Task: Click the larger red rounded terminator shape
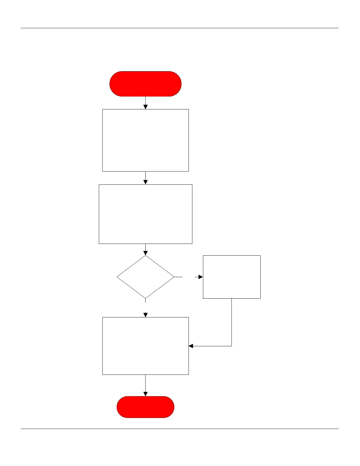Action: tap(145, 84)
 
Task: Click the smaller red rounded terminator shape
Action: tap(145, 407)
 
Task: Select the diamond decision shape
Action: tap(145, 277)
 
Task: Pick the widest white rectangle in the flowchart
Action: tap(145, 214)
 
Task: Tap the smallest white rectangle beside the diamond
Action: tap(231, 277)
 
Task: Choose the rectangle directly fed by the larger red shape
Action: tap(145, 140)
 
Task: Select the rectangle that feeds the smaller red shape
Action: tap(145, 346)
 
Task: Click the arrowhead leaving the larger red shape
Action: tap(145, 107)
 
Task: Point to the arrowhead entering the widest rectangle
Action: tap(145, 182)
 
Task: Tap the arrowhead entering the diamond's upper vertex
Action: tap(145, 253)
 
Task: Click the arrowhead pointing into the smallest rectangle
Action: tap(201, 277)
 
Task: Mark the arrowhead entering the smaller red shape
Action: tap(145, 394)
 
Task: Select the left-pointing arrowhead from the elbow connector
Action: tap(191, 346)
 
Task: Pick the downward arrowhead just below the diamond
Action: tap(145, 315)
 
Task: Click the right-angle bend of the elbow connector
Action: tap(231, 346)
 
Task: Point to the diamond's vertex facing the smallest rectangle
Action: tap(174, 277)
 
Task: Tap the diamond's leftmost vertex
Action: tap(117, 277)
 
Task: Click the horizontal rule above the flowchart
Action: tap(179, 28)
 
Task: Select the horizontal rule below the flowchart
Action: tap(179, 429)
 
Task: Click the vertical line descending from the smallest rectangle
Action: tap(231, 322)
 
